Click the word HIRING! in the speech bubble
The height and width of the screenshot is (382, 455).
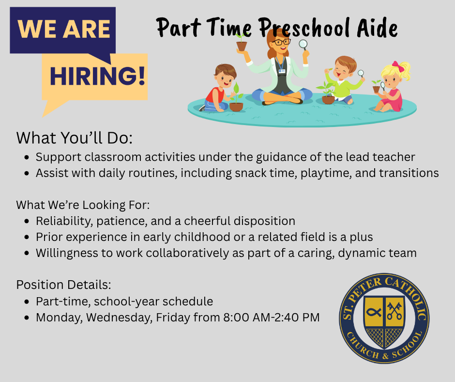[97, 76]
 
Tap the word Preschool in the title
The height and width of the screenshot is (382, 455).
[304, 28]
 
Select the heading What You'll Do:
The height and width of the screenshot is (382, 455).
[74, 138]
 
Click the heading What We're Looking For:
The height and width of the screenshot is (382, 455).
[83, 205]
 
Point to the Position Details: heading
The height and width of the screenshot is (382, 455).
[63, 285]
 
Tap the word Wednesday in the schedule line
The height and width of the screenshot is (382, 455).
[119, 318]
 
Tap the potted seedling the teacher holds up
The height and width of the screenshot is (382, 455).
[241, 43]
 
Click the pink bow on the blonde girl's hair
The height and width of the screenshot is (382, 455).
[398, 66]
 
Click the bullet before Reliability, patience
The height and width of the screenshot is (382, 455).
[27, 221]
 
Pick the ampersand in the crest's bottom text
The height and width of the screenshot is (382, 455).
[386, 356]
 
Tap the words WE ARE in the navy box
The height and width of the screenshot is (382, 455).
[63, 29]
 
